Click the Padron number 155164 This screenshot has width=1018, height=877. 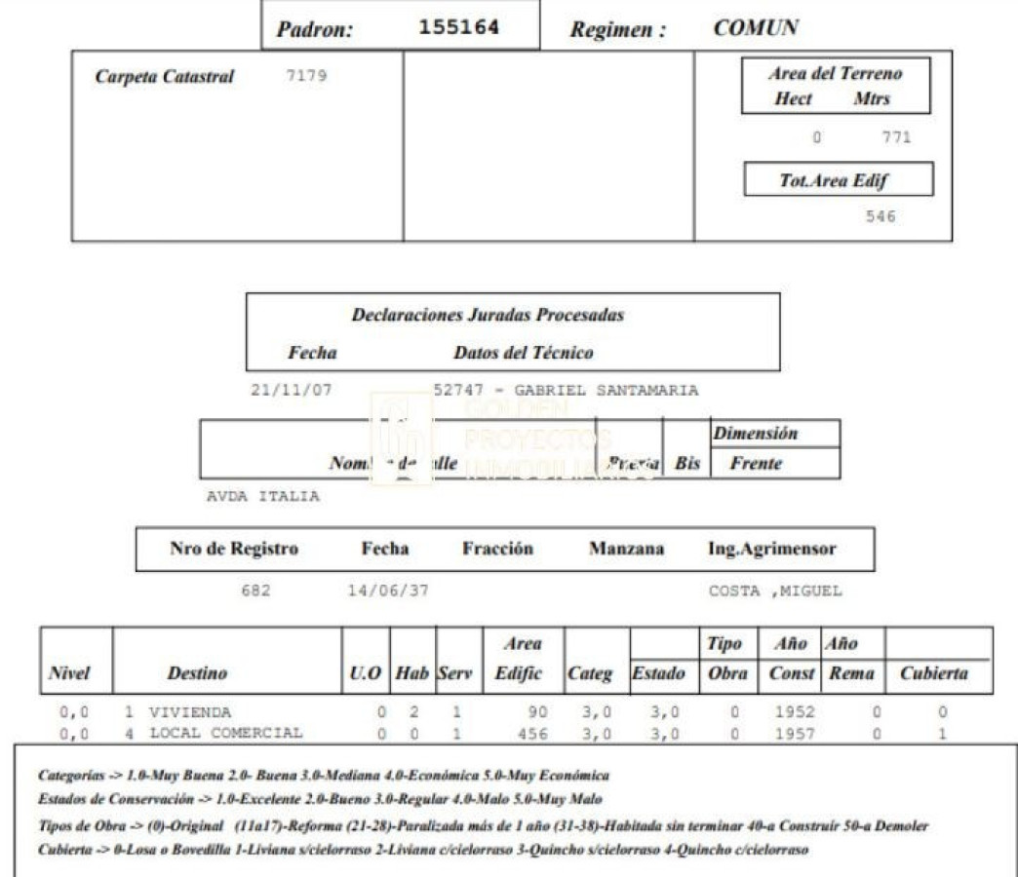pos(458,27)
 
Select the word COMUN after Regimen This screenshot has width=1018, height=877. pos(756,28)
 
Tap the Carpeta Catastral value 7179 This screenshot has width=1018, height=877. pos(306,76)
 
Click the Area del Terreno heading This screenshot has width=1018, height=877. pos(835,74)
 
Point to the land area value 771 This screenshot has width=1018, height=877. pos(895,137)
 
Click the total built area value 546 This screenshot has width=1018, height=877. pos(880,216)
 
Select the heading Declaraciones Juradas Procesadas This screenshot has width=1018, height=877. pos(488,315)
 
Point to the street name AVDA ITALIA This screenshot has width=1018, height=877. pos(263,496)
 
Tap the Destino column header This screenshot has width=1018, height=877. pos(197,673)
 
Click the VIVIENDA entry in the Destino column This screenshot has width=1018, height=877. pos(190,712)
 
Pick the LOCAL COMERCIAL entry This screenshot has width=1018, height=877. pos(225,733)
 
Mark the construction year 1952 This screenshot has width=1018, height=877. pos(796,712)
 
